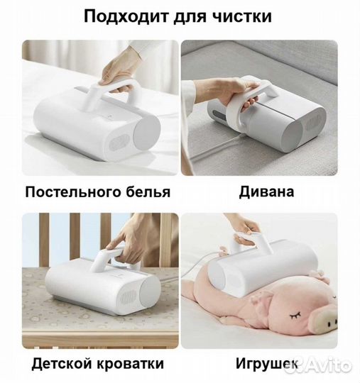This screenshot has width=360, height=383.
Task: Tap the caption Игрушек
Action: pyautogui.click(x=268, y=364)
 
